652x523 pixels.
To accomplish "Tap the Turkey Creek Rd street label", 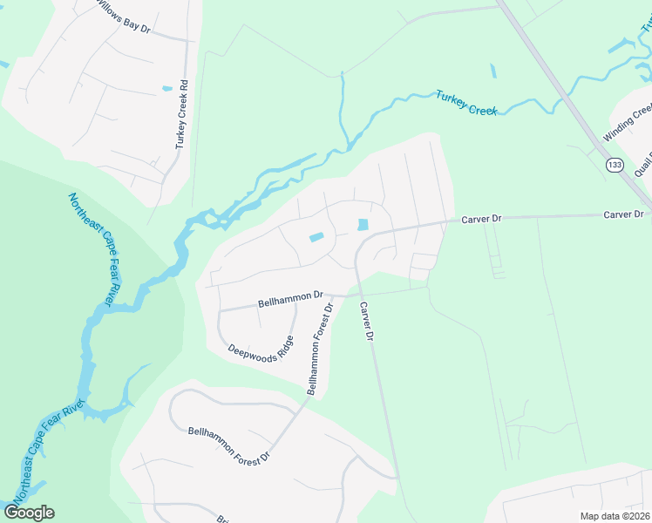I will point(182,114).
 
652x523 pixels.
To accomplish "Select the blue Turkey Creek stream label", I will point(466,104).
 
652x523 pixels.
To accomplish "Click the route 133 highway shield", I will point(615,164).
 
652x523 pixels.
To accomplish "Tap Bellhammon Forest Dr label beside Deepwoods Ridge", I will point(319,350).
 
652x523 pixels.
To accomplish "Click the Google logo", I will point(29,513).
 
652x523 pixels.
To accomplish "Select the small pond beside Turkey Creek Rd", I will point(166,88).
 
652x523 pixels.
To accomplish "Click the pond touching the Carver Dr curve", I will point(362,225).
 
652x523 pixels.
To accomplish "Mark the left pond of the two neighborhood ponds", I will point(316,237).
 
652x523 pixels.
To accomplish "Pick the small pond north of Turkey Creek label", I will point(492,71).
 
